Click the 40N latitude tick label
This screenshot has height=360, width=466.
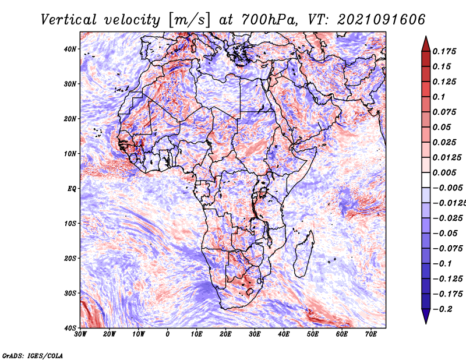click(x=70, y=49)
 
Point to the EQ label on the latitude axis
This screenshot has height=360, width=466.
click(x=72, y=189)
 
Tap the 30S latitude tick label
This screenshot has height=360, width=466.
click(x=70, y=293)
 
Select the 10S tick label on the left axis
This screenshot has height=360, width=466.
click(x=70, y=223)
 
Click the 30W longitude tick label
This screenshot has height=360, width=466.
click(x=80, y=334)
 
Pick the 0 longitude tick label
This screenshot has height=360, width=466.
click(x=168, y=334)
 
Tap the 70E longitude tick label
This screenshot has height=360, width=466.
click(x=370, y=334)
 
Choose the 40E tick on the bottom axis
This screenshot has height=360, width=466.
click(x=284, y=334)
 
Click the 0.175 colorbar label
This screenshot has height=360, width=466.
click(x=444, y=51)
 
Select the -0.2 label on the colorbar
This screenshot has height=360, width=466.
click(x=442, y=309)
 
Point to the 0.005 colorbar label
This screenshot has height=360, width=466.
click(x=444, y=172)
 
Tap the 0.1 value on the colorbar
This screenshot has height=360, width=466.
click(x=439, y=97)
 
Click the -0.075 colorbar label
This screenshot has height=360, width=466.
click(x=447, y=249)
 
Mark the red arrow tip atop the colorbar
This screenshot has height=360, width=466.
click(x=426, y=36)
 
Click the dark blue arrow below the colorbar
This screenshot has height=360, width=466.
click(x=426, y=316)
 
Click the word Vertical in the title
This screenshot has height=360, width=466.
click(x=69, y=20)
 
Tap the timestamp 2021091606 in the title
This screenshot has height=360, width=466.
click(x=382, y=20)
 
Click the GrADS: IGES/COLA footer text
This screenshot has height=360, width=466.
click(x=33, y=355)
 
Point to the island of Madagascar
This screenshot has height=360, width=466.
click(x=303, y=253)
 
